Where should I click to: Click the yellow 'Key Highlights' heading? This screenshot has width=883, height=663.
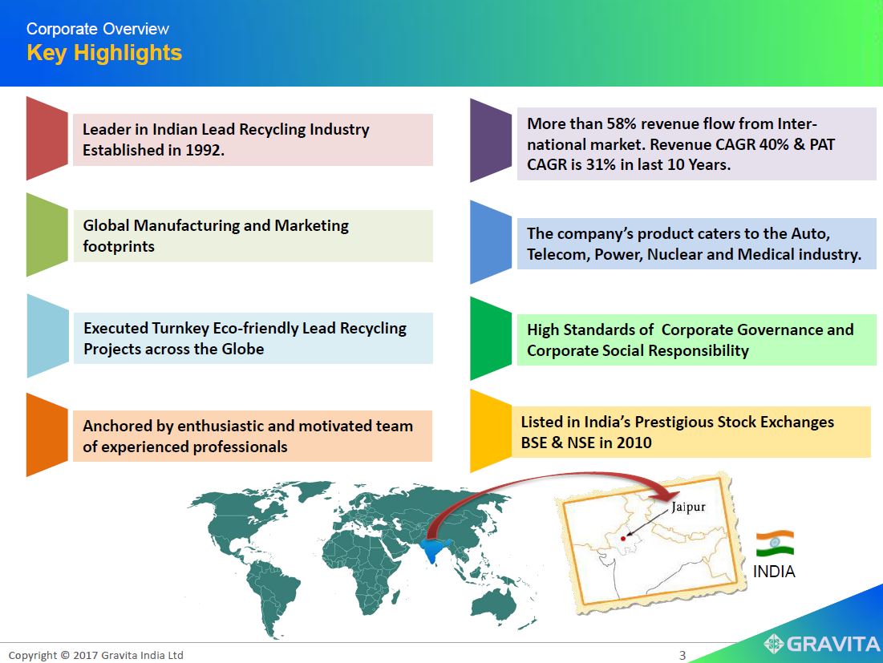tap(104, 53)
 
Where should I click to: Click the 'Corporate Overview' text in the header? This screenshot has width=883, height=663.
tap(97, 29)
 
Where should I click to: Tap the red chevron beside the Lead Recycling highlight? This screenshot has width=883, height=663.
tap(47, 139)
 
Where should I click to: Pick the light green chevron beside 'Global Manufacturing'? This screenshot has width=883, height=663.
tap(47, 235)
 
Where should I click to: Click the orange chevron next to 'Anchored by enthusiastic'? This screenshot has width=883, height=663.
tap(47, 435)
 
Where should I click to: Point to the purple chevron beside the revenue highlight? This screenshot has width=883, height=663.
tap(491, 141)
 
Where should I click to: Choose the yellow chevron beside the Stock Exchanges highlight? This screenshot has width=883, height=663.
tap(491, 431)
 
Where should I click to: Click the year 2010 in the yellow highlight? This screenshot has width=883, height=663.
tap(634, 443)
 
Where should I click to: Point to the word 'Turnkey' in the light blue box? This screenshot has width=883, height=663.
tap(180, 328)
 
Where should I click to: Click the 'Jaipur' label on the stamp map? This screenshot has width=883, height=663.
tap(688, 507)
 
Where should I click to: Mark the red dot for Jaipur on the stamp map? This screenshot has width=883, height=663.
tap(623, 539)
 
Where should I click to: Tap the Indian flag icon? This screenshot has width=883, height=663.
tap(775, 544)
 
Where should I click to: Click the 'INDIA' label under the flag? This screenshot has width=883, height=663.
tap(774, 572)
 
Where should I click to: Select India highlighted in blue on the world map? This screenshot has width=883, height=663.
tap(434, 548)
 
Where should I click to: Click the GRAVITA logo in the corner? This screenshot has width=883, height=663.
tap(822, 643)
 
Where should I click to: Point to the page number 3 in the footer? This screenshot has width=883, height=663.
tap(683, 655)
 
